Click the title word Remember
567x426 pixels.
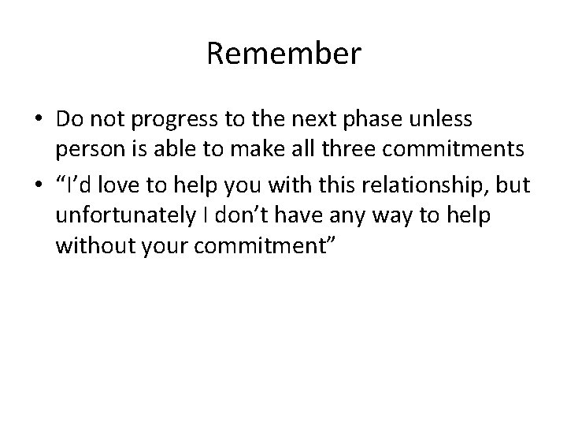(x=283, y=54)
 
